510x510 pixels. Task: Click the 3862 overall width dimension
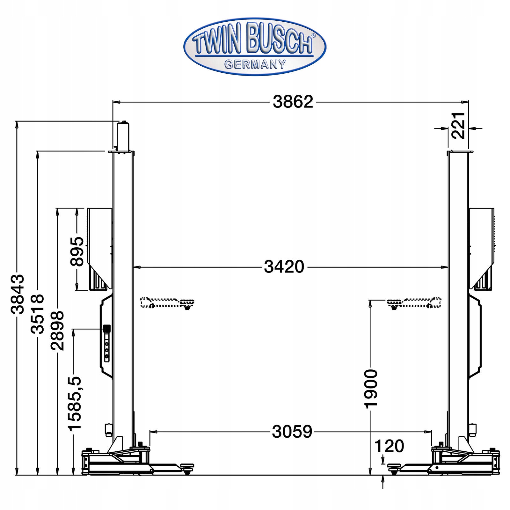click(293, 102)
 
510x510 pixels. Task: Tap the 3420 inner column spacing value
click(284, 267)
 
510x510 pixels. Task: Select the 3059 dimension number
click(292, 432)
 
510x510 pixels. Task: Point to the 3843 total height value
click(17, 294)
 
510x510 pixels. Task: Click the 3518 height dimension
click(37, 314)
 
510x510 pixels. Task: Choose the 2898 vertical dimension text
click(57, 331)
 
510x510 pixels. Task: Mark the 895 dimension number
click(77, 251)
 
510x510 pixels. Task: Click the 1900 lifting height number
click(371, 389)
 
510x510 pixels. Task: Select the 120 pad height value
click(389, 446)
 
